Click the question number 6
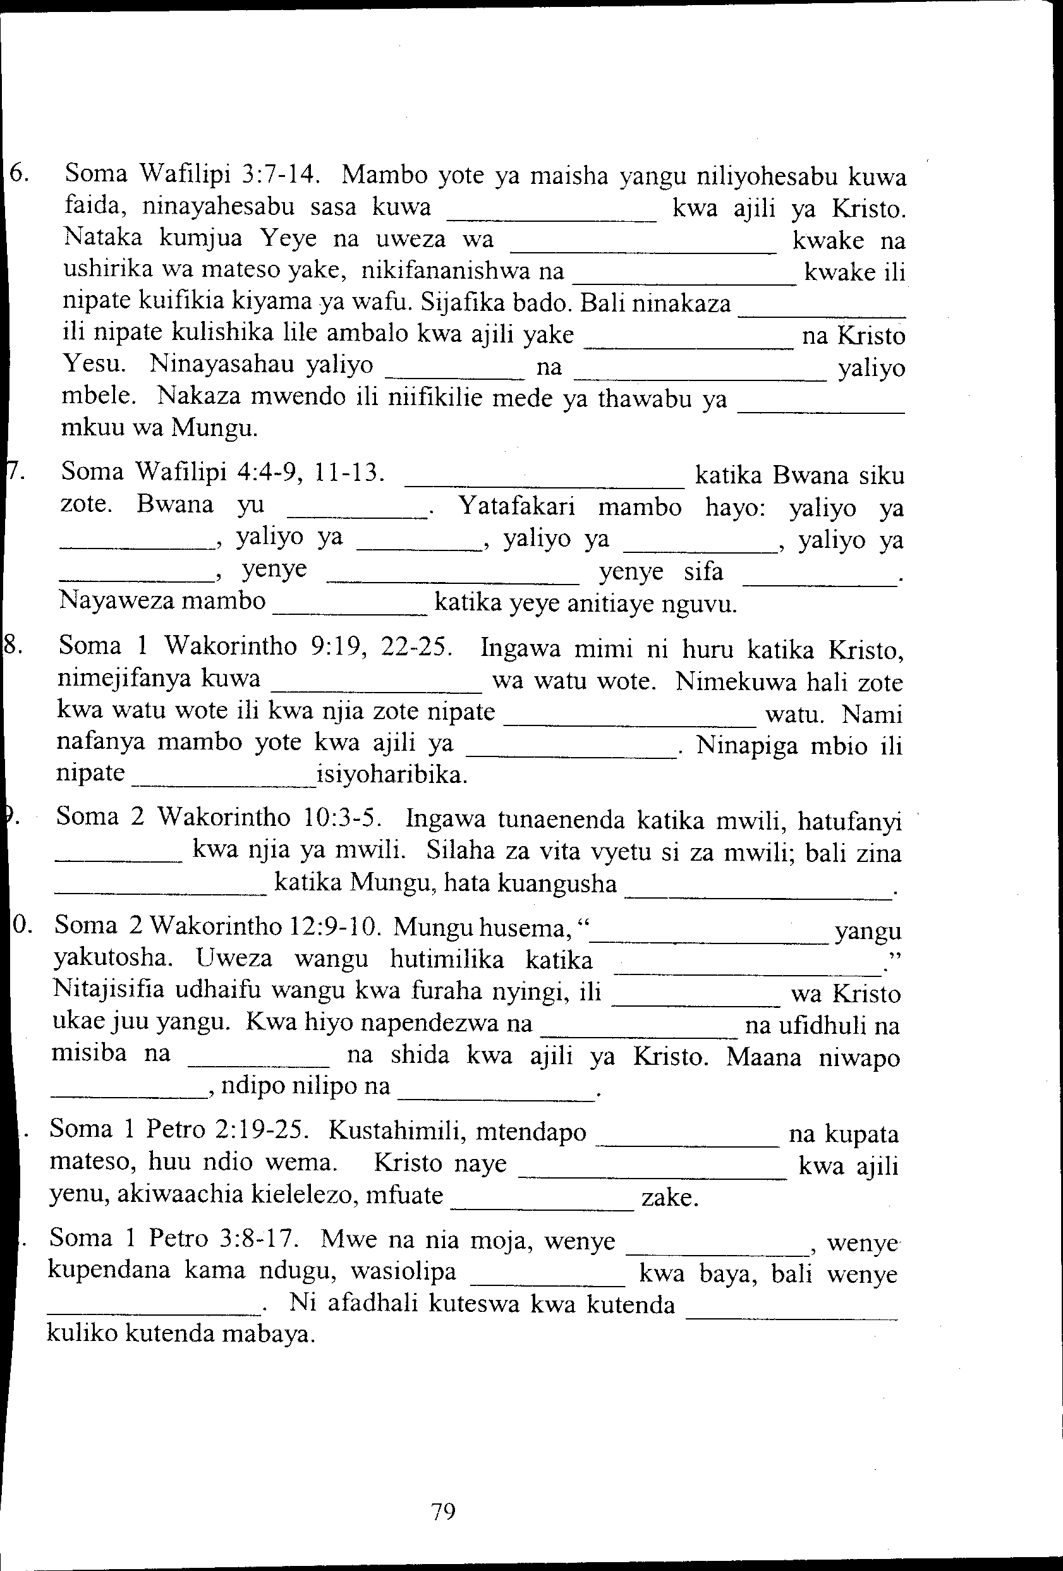18,174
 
